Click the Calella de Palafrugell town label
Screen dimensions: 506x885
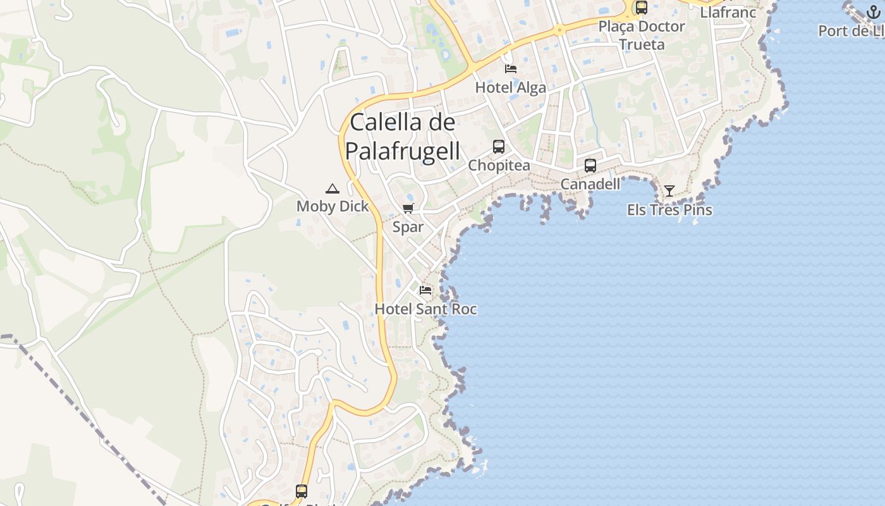tap(403, 137)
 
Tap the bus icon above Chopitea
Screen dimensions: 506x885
tap(499, 147)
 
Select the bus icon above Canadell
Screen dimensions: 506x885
tap(590, 166)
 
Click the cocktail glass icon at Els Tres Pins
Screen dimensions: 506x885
tap(669, 190)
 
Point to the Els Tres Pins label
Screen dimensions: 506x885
tap(669, 210)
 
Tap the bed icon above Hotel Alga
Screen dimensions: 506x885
tap(511, 68)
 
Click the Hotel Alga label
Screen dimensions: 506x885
tap(511, 88)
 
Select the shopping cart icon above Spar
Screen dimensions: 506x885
tap(408, 209)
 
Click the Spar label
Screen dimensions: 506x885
tap(408, 227)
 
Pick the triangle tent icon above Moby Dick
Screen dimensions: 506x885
tap(333, 188)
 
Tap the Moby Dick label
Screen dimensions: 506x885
tap(333, 206)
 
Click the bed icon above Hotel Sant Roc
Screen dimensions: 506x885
tap(425, 290)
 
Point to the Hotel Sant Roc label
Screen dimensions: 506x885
tap(425, 309)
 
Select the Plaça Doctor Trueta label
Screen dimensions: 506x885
tap(642, 35)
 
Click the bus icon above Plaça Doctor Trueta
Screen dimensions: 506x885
tap(642, 8)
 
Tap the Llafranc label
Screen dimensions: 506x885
tap(728, 12)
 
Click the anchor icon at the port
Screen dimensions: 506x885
tap(873, 12)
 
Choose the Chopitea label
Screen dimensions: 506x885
tap(499, 166)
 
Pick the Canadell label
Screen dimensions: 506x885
tap(590, 184)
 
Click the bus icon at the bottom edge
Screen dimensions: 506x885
tap(302, 491)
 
